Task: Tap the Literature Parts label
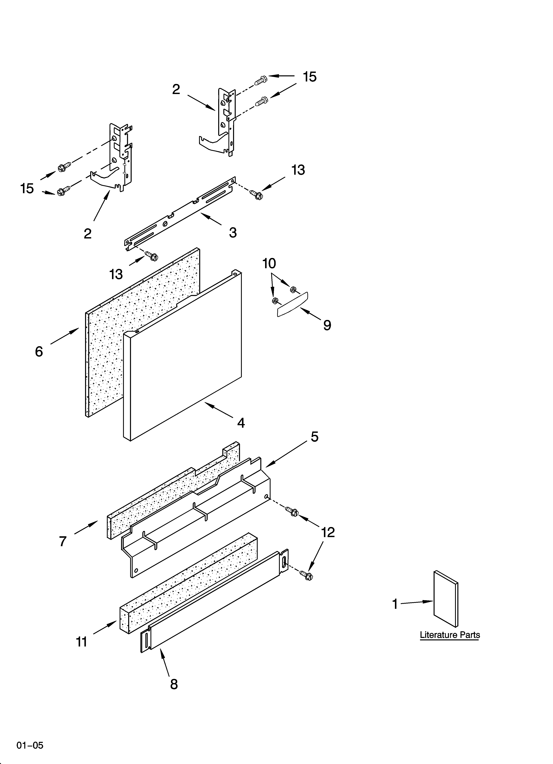450,635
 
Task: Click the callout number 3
233,232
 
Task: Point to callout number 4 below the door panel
241,423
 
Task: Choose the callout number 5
314,437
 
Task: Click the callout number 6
39,351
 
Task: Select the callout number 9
327,325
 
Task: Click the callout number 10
269,263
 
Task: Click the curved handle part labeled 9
292,304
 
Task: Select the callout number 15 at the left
27,188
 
